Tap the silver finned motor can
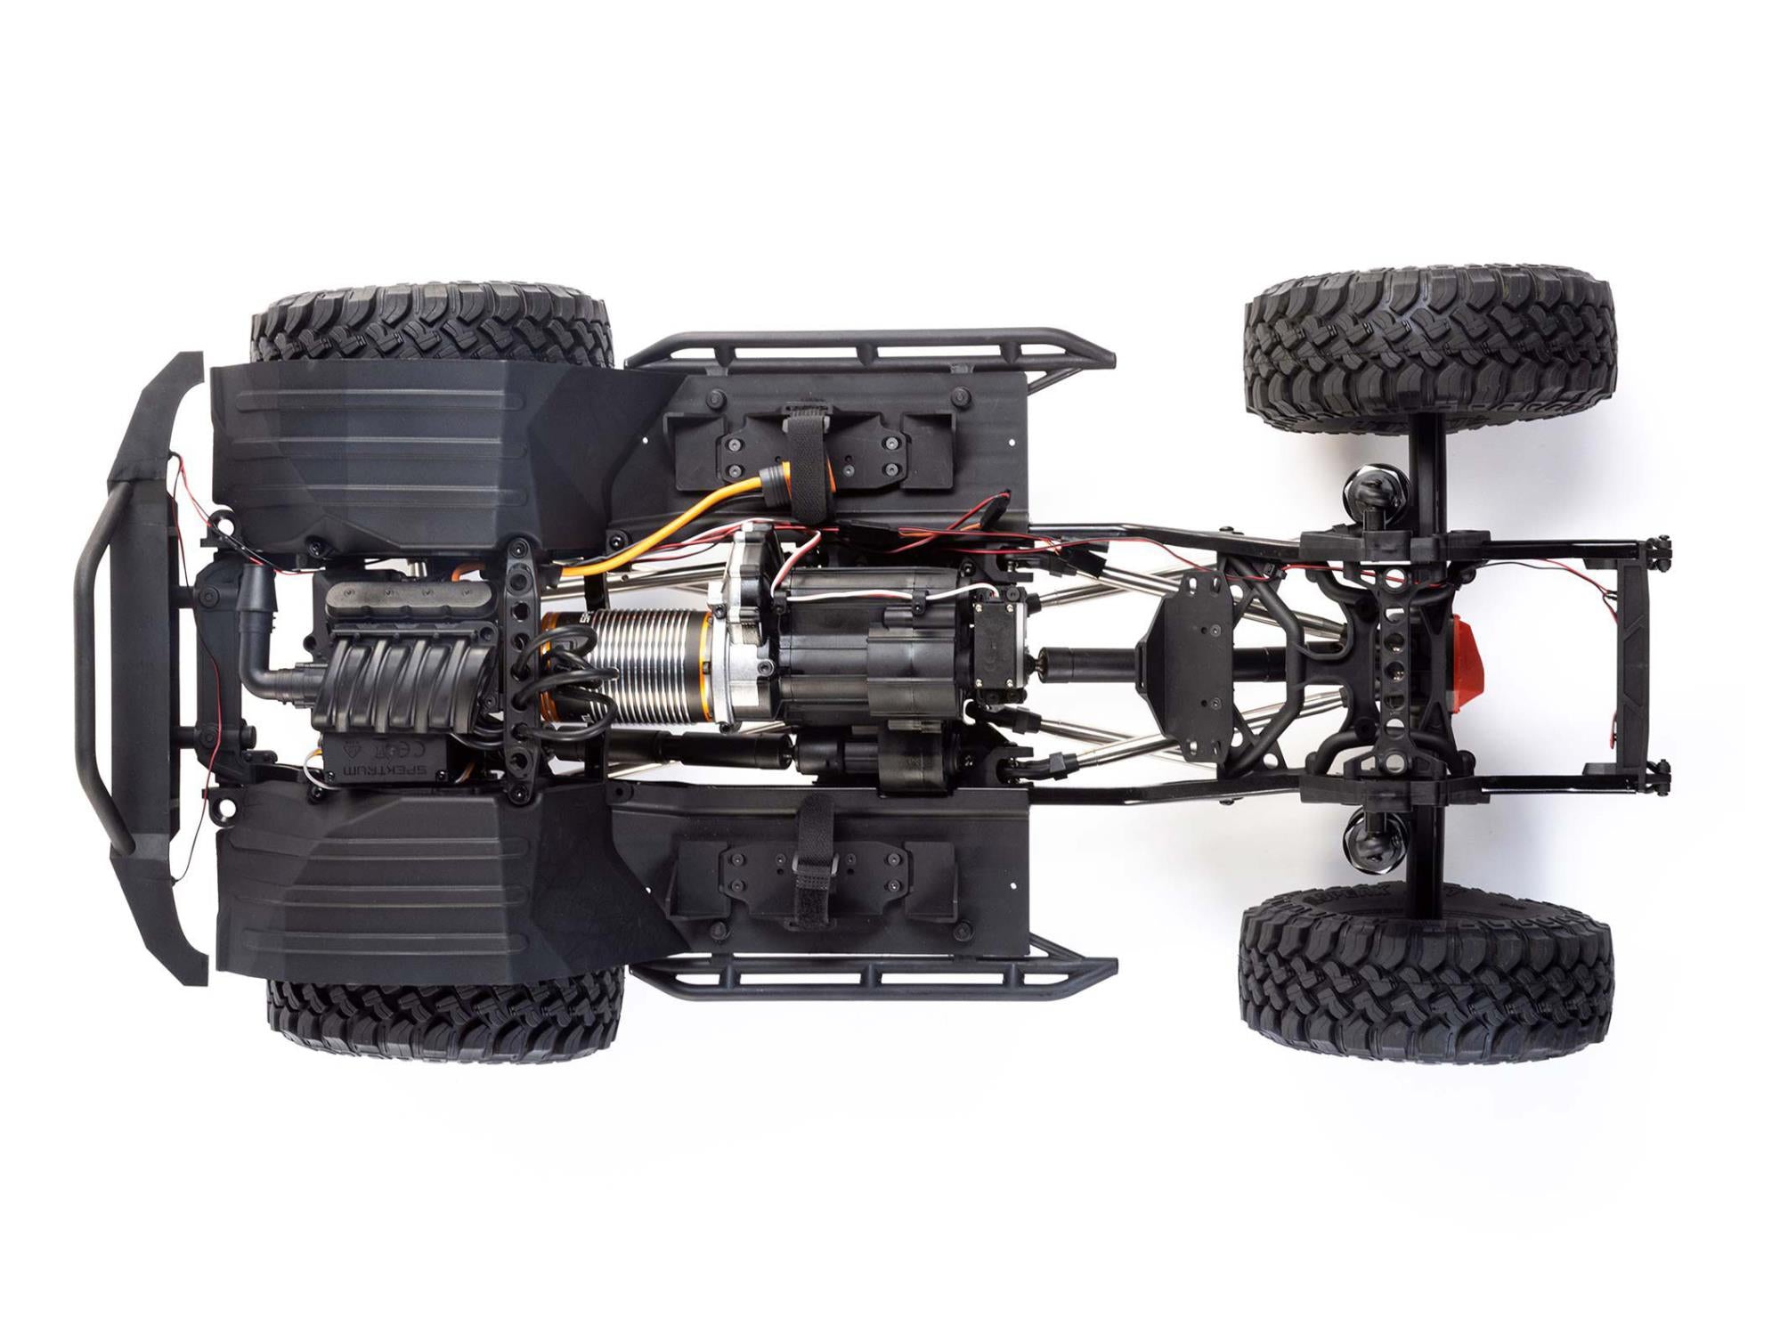[650, 664]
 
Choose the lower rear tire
[1425, 980]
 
